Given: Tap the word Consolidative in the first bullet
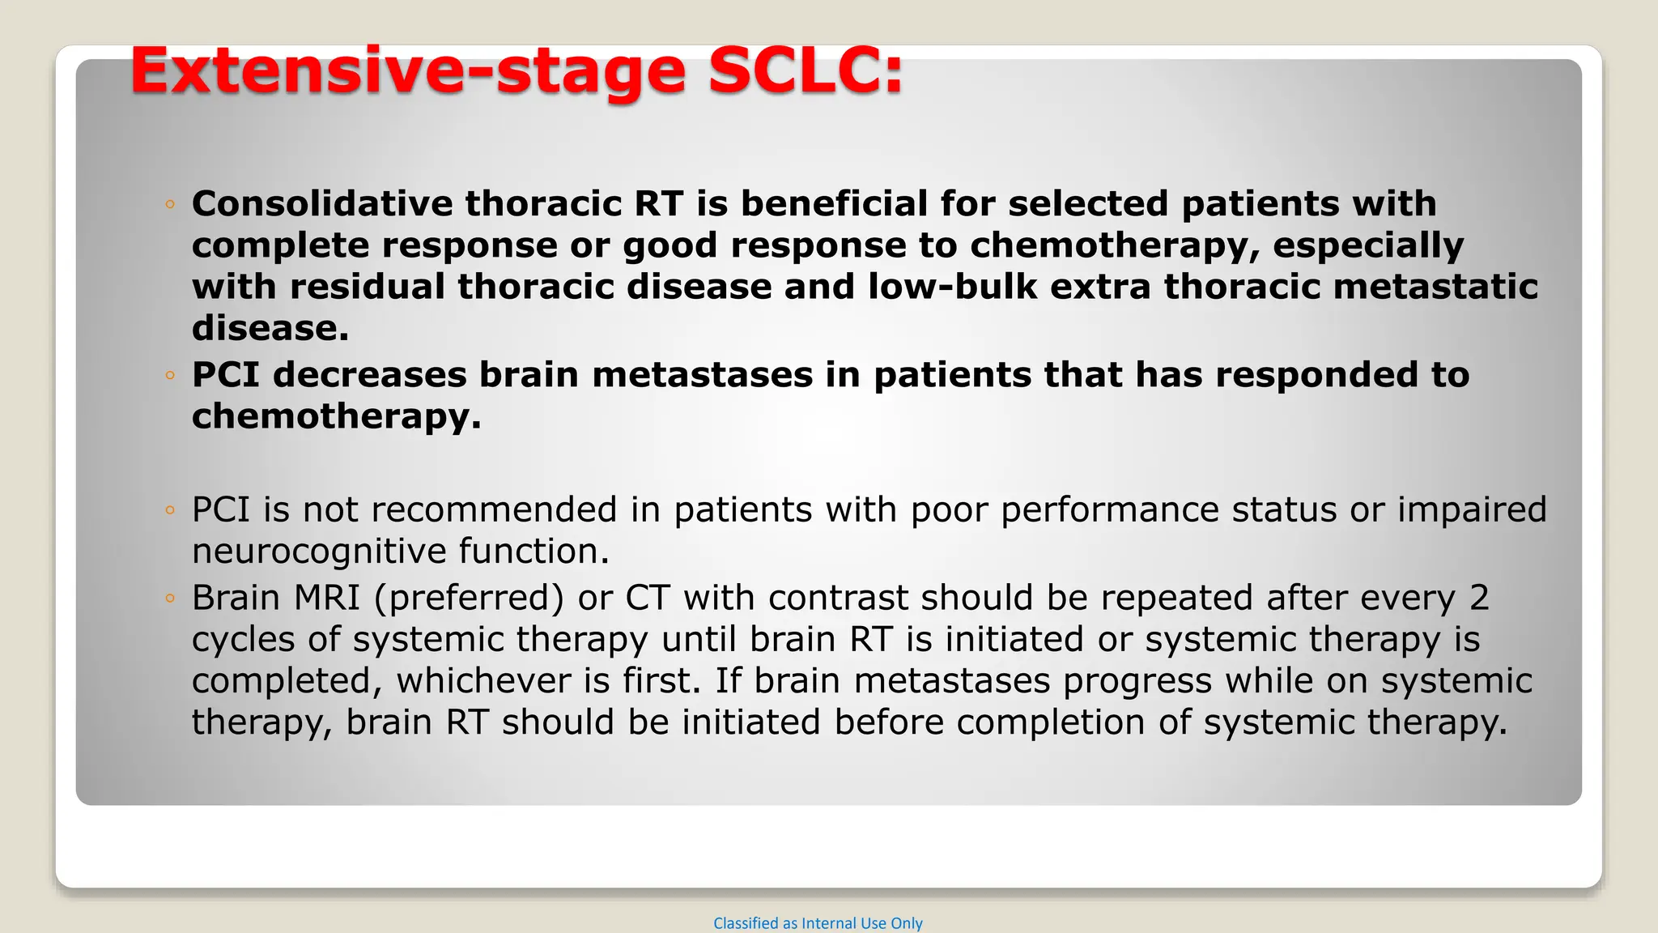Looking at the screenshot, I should pyautogui.click(x=321, y=203).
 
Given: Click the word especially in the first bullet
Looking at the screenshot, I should pyautogui.click(x=1368, y=245).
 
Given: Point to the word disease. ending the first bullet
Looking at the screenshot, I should pyautogui.click(x=270, y=328).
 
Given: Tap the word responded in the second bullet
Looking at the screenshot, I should pyautogui.click(x=1312, y=375).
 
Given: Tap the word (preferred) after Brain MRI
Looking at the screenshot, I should pyautogui.click(x=469, y=599).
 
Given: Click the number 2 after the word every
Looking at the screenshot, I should pyautogui.click(x=1479, y=599).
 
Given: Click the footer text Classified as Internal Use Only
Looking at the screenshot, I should pyautogui.click(x=818, y=923).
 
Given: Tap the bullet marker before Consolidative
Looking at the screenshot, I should pyautogui.click(x=169, y=205).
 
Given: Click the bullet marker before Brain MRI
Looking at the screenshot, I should pyautogui.click(x=169, y=599).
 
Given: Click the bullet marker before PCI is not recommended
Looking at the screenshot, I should pyautogui.click(x=169, y=511).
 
